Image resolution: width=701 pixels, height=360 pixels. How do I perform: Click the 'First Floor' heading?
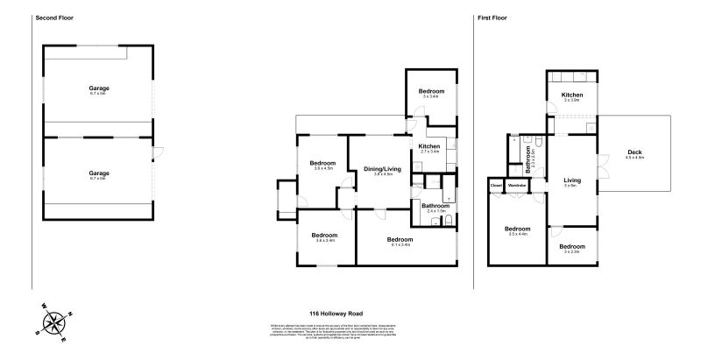point(495,18)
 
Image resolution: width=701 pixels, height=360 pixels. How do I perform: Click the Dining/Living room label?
point(381,168)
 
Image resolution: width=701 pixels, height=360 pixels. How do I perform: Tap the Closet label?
point(496,185)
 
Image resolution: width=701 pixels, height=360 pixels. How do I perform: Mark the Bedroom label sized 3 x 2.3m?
point(572,246)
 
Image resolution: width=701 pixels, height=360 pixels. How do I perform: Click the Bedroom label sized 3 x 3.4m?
point(431,91)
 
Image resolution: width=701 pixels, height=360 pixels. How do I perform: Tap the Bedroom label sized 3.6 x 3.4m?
point(324,235)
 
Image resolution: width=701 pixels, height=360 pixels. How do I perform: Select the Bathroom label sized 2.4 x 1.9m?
point(435,206)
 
